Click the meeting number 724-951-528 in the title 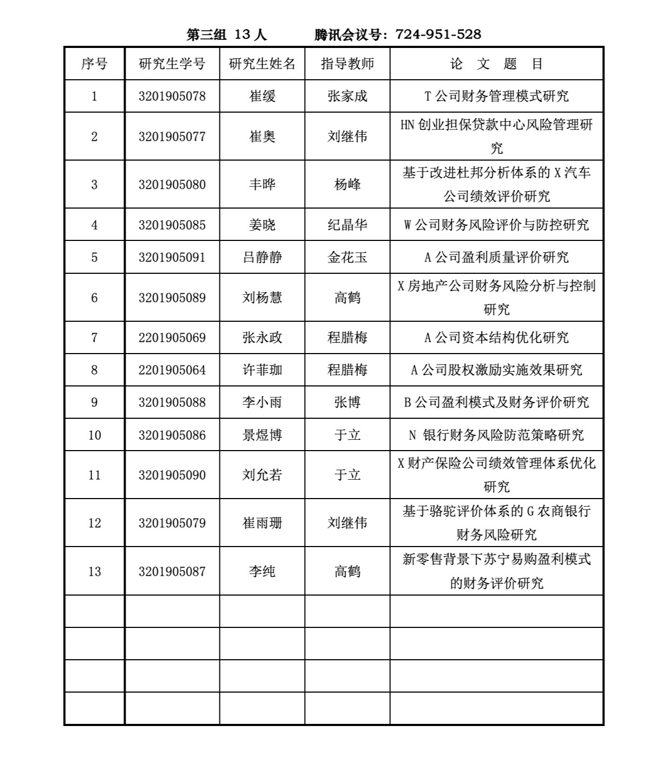point(438,34)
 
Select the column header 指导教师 point(347,64)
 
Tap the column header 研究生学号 point(172,64)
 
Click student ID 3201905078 point(172,96)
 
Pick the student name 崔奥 point(262,136)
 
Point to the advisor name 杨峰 point(347,184)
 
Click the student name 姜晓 point(262,225)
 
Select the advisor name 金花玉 point(347,257)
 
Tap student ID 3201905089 point(172,298)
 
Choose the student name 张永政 point(262,338)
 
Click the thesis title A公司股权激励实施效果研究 point(496,370)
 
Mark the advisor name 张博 point(347,403)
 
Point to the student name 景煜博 point(262,435)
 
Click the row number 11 point(94,475)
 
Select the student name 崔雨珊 point(262,523)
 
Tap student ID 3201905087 point(172,571)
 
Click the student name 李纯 point(262,571)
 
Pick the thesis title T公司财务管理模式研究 point(496,96)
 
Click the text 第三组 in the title point(206,34)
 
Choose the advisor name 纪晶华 point(347,225)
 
